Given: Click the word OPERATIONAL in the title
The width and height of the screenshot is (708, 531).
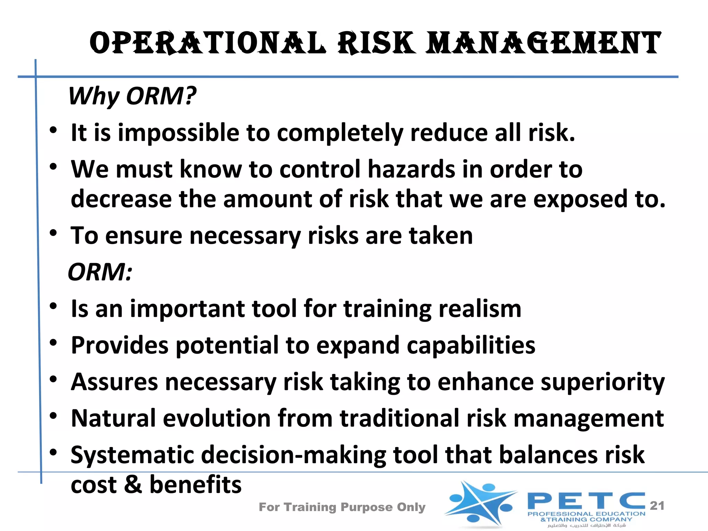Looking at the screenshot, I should pos(207,43).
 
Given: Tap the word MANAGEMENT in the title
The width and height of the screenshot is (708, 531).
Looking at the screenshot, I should pos(543,43).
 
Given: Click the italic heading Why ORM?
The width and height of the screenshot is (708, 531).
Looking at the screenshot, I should pos(132,96).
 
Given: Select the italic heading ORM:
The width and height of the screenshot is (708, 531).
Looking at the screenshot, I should pos(100,272).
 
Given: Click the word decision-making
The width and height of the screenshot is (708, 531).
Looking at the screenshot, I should pos(294,455).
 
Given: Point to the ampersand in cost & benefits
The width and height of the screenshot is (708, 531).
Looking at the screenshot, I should pos(133,485).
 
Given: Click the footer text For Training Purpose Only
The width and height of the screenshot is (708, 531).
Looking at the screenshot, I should pos(342,507).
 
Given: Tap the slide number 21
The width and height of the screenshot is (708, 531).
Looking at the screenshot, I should pos(657,506).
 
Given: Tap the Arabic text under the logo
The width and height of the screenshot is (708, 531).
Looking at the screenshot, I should pos(586,525).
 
